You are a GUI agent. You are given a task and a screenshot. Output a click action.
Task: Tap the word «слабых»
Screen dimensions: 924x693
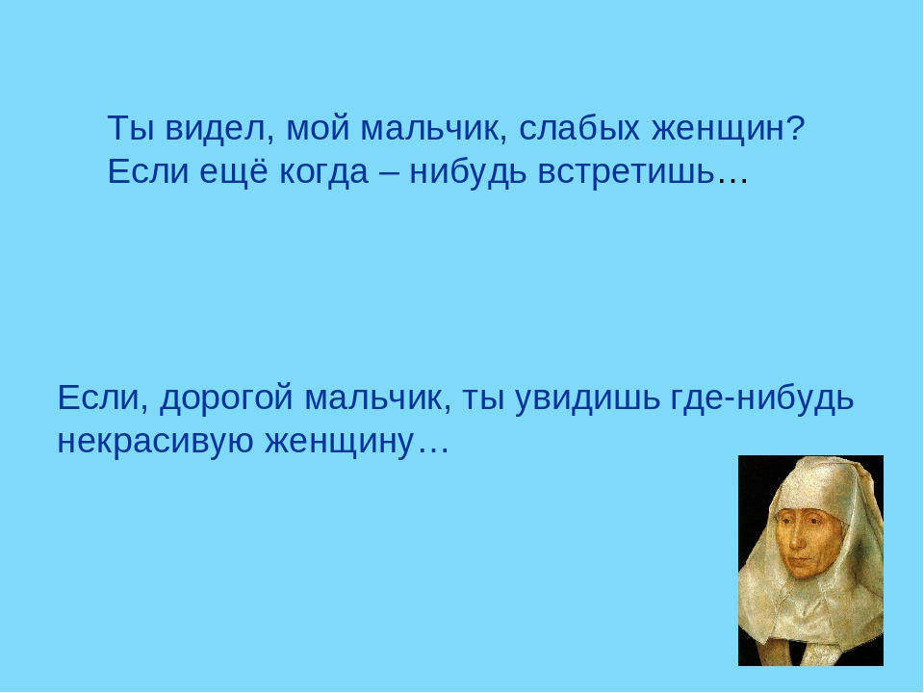point(578,129)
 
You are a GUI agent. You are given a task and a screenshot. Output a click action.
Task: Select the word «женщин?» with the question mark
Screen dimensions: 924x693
point(729,129)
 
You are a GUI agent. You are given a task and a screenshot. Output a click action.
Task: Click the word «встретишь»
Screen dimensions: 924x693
point(626,173)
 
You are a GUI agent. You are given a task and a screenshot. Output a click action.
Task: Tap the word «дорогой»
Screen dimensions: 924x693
point(226,398)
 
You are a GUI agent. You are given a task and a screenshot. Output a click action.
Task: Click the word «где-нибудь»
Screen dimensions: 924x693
point(762,397)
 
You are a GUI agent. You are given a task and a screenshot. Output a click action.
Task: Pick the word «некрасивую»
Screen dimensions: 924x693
point(155,442)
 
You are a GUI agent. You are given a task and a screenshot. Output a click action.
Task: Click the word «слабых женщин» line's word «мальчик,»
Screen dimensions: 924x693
point(434,129)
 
